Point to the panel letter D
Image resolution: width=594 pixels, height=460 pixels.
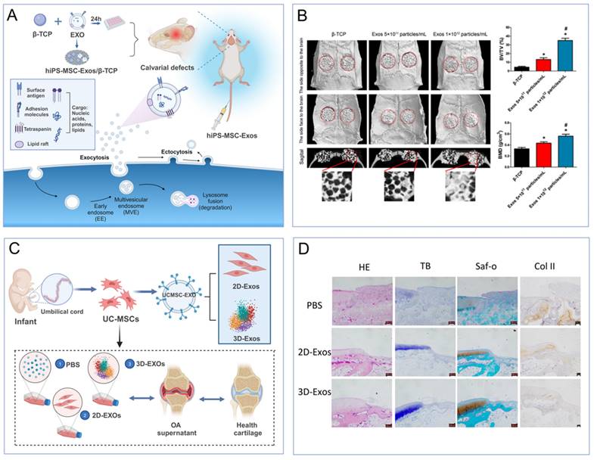(305, 247)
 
